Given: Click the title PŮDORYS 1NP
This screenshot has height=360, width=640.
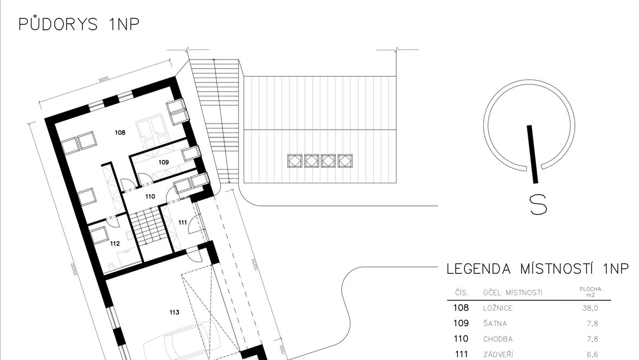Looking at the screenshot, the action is click(x=79, y=24).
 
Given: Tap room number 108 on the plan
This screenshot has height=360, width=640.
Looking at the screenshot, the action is click(x=120, y=132).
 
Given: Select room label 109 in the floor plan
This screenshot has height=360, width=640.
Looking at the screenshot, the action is click(x=163, y=162).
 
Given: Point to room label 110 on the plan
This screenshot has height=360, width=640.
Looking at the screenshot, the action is click(x=150, y=196).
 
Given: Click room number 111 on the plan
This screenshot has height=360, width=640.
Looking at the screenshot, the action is click(x=182, y=222).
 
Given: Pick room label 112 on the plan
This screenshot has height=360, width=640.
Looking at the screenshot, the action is click(x=115, y=243).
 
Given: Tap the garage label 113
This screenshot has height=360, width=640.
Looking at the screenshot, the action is click(x=174, y=312).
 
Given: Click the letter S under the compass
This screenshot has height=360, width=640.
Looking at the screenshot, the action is click(x=538, y=204).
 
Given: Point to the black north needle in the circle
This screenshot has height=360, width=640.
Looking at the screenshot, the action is click(x=533, y=154).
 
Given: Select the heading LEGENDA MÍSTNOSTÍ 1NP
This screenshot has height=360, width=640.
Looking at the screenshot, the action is click(x=537, y=269).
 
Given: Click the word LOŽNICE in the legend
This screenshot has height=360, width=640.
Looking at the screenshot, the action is click(x=497, y=308).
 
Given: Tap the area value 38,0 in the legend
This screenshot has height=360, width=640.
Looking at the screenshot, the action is click(x=590, y=308).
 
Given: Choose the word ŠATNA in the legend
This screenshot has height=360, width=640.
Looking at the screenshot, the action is click(x=495, y=323).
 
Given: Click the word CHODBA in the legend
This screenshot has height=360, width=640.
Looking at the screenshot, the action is click(x=498, y=339).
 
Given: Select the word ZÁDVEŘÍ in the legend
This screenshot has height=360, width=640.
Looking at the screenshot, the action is click(x=498, y=354).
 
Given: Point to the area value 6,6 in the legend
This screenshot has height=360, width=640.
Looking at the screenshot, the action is click(x=593, y=355).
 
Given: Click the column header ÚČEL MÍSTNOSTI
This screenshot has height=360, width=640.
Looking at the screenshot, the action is click(x=513, y=292).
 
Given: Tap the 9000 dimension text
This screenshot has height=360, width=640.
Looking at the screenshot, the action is click(x=104, y=79).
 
